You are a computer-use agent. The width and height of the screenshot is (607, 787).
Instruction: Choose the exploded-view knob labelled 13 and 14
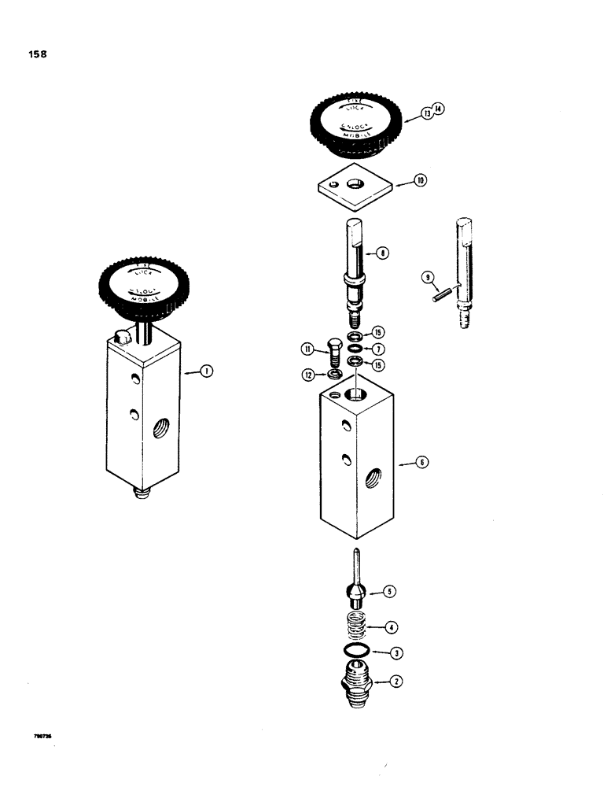coord(358,122)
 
